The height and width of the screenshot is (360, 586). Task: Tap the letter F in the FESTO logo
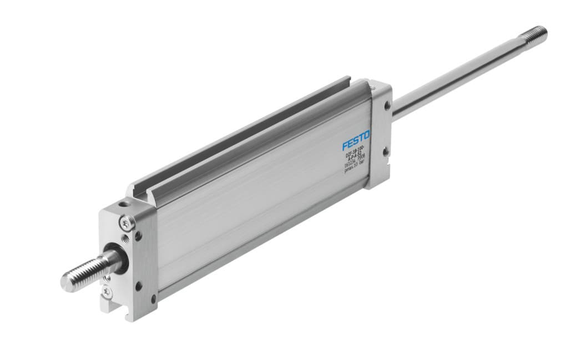pyautogui.click(x=345, y=145)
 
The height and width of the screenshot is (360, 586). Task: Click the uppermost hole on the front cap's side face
pyautogui.click(x=138, y=235)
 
